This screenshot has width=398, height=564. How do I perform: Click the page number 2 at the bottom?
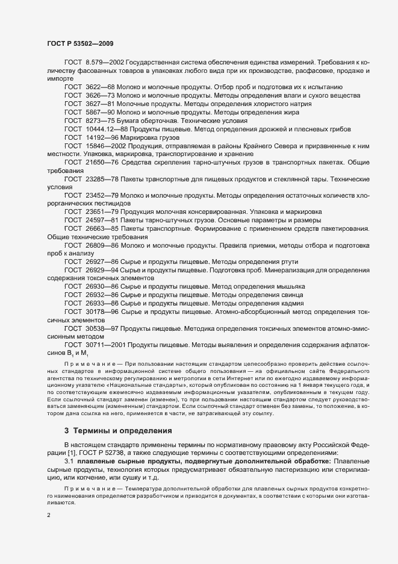point(48,515)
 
